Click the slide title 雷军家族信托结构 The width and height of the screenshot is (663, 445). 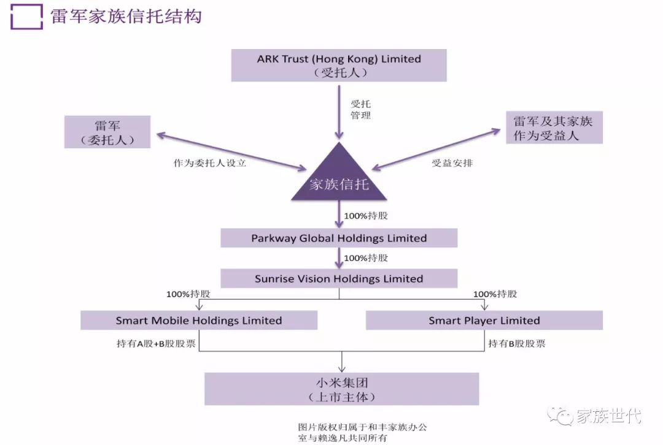click(x=126, y=17)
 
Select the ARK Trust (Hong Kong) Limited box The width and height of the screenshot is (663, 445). click(x=339, y=66)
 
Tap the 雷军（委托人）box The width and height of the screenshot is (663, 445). click(x=107, y=132)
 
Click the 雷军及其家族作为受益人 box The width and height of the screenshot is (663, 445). click(x=553, y=127)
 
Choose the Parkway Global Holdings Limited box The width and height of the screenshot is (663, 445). click(x=339, y=238)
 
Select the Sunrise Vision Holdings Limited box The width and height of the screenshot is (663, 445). click(x=339, y=279)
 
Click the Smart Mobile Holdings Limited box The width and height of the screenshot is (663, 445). click(x=199, y=320)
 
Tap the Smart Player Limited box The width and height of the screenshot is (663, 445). click(x=484, y=320)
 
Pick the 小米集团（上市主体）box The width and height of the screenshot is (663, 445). click(x=341, y=389)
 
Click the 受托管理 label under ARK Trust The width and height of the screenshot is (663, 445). click(x=360, y=109)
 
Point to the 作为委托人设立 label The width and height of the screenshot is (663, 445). click(x=210, y=164)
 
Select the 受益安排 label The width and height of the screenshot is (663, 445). click(x=452, y=164)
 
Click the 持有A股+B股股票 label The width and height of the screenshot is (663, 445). click(x=156, y=343)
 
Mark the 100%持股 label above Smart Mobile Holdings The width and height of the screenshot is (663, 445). click(x=188, y=294)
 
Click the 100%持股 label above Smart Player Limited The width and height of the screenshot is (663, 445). click(x=495, y=294)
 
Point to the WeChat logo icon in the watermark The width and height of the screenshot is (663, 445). click(x=560, y=416)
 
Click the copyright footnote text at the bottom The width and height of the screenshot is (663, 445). click(x=366, y=432)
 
